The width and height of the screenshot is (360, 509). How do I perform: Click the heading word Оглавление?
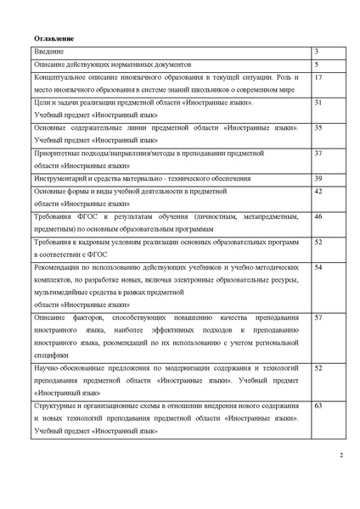coord(53,39)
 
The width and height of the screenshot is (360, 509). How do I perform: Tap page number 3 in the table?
coord(317,53)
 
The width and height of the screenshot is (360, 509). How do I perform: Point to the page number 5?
coord(317,64)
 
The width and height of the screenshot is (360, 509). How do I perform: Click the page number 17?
coord(318,77)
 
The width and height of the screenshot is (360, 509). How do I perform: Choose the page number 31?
coord(318,102)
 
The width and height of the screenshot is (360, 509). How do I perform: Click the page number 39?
coord(318,178)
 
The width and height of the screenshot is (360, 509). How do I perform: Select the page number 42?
coord(318,192)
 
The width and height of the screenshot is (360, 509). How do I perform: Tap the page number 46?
coord(318,217)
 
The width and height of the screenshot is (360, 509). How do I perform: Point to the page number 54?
coord(318,267)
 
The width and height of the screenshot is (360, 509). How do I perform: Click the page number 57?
coord(318,316)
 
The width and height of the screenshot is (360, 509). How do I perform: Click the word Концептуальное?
coord(61,77)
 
